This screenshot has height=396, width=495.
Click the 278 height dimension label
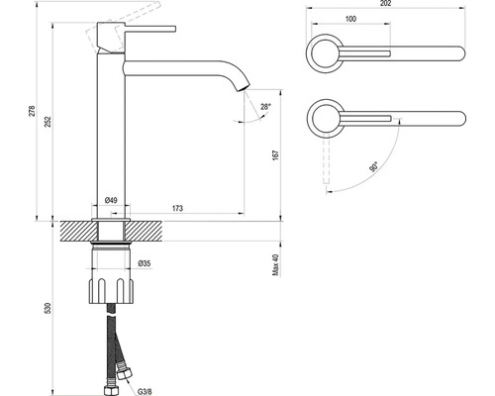[32, 111]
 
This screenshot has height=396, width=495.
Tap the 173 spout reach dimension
[177, 208]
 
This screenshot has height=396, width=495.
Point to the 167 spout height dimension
[276, 155]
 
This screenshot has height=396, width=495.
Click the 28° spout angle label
[265, 107]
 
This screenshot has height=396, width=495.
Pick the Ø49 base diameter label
[111, 200]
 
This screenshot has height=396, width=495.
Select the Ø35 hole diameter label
[145, 263]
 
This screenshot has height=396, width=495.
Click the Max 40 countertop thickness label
[276, 265]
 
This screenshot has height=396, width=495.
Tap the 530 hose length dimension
[49, 308]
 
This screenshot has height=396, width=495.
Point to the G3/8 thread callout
[145, 392]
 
